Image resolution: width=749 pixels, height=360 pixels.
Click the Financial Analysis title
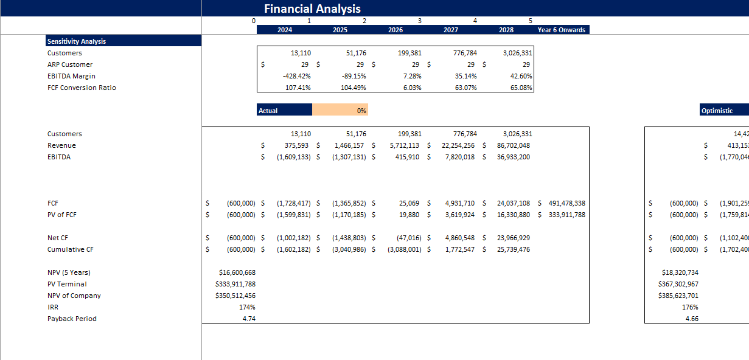(x=312, y=9)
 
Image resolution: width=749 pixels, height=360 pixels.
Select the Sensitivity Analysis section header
(x=77, y=41)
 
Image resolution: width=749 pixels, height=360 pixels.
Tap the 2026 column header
(x=395, y=30)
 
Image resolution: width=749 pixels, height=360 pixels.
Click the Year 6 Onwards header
(x=562, y=30)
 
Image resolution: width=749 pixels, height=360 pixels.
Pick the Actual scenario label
(x=268, y=111)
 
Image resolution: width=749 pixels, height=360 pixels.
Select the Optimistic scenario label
(x=717, y=111)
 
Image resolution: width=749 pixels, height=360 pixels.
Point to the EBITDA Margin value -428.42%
(x=297, y=76)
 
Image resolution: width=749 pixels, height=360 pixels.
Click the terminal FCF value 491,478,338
(x=564, y=203)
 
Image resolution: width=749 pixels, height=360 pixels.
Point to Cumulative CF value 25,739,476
(x=509, y=249)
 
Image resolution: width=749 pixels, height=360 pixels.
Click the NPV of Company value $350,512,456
(x=235, y=296)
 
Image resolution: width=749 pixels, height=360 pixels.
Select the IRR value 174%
(x=247, y=307)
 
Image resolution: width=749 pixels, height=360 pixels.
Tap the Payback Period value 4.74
(x=248, y=319)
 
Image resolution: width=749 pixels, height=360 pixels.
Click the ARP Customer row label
(x=70, y=64)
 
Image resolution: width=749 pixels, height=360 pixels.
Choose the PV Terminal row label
(x=67, y=284)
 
